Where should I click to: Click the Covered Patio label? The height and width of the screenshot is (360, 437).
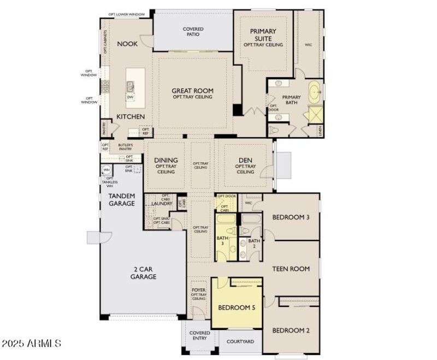192,32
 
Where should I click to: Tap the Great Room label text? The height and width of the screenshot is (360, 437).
192,91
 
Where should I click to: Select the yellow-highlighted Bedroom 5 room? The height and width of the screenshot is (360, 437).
237,308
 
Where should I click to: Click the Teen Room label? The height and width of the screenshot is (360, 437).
291,269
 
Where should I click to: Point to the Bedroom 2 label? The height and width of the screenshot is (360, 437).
291,331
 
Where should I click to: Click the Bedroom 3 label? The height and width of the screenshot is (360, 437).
291,217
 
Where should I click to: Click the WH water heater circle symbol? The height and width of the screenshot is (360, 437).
107,170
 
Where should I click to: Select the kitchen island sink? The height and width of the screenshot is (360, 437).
131,86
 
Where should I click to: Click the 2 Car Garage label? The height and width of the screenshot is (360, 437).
143,273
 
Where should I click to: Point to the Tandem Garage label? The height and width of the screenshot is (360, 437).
121,199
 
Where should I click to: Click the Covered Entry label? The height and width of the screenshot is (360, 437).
199,335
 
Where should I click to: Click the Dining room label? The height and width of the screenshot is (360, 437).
166,160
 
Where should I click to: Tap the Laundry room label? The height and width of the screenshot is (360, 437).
162,204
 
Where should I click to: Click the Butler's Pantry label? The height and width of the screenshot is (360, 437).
125,146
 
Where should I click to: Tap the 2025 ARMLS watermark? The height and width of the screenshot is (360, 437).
31,344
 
